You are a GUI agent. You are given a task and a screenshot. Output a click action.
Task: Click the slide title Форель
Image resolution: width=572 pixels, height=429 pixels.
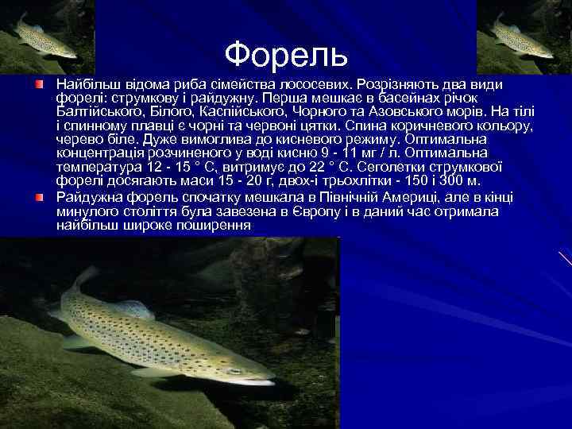click(x=286, y=54)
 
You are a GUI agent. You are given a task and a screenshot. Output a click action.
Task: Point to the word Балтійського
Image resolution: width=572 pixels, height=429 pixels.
click(x=96, y=112)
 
